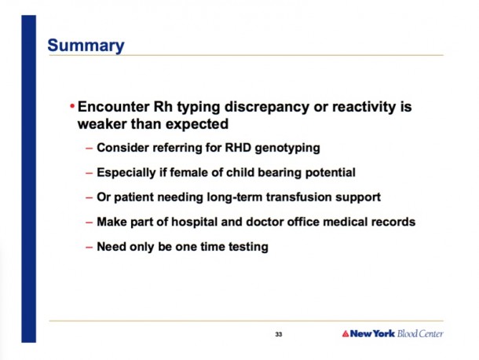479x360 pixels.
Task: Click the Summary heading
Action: point(86,46)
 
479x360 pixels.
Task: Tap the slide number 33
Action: point(279,334)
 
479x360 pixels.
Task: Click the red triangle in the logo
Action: point(346,333)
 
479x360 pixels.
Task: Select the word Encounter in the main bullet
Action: point(114,107)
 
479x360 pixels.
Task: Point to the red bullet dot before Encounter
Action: point(72,106)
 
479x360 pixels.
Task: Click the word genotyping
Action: point(287,148)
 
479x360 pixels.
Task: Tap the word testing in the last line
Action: point(248,247)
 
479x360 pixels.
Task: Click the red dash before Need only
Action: point(90,247)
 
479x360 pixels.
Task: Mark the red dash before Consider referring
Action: point(90,149)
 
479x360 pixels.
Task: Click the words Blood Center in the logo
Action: point(420,333)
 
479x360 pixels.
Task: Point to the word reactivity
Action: point(364,108)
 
